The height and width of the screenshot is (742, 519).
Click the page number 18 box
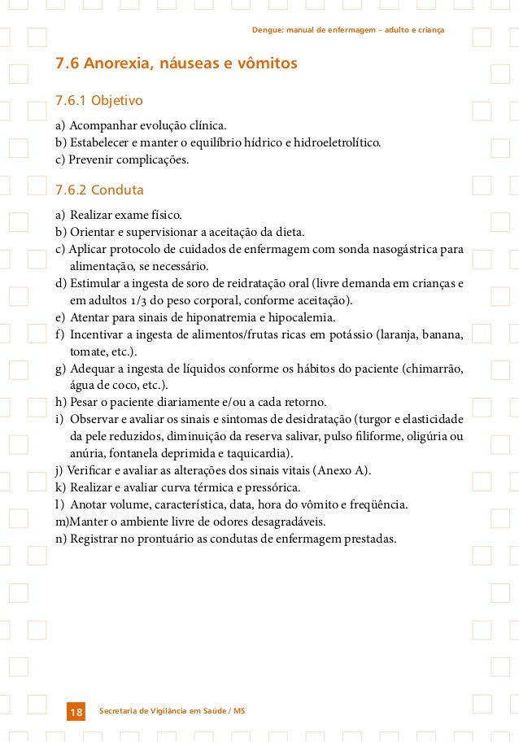[76, 713]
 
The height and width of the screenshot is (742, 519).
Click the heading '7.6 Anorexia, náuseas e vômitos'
[176, 63]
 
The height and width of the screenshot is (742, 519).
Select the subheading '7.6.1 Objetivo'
[98, 101]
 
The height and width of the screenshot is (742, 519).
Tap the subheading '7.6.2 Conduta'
[99, 190]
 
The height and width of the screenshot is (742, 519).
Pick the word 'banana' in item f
[443, 334]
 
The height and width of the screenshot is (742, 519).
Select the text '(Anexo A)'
[345, 470]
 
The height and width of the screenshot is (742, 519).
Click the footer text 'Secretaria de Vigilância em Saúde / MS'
[172, 712]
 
